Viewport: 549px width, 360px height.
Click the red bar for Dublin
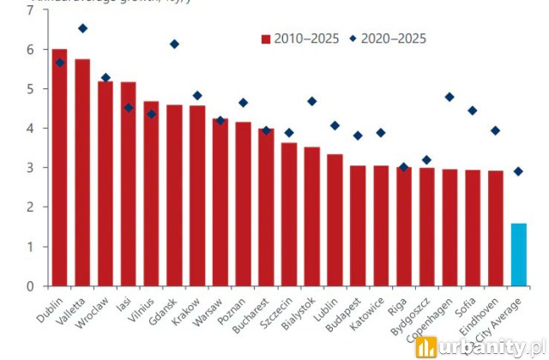point(59,167)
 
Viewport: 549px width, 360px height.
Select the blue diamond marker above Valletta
point(82,28)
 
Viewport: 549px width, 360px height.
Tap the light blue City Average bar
point(518,255)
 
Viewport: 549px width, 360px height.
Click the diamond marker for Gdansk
point(174,44)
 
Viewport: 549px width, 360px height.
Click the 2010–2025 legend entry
point(299,39)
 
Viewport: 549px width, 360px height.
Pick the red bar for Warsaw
point(220,202)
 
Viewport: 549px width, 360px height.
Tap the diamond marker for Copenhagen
point(449,97)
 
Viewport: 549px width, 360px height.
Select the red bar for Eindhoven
point(495,228)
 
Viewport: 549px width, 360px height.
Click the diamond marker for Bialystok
point(312,101)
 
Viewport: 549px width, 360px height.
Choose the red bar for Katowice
point(381,225)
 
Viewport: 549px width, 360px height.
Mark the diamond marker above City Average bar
point(518,171)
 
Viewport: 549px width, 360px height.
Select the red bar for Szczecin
point(289,214)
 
